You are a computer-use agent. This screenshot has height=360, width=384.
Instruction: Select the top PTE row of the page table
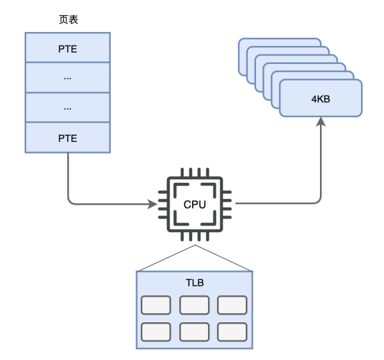coord(67,47)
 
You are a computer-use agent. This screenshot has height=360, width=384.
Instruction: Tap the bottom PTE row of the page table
coord(67,137)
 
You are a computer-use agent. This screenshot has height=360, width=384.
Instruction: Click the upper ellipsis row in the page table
coord(67,77)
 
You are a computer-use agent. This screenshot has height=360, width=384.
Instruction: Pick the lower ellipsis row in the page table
coord(67,107)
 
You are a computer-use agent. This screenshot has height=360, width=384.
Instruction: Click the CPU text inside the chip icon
coord(195,205)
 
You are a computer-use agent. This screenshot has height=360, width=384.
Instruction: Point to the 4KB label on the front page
coord(320,99)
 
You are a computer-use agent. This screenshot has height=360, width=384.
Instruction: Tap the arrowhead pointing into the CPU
coord(153,205)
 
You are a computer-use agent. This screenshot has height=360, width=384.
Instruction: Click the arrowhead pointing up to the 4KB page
coord(321,121)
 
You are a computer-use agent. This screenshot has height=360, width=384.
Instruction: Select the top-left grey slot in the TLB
coord(156,305)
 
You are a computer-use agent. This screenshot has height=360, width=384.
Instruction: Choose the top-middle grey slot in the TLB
coord(195,305)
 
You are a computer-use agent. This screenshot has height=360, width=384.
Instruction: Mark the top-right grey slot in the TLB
coord(232,305)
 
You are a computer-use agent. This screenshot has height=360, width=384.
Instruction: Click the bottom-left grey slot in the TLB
coord(156,331)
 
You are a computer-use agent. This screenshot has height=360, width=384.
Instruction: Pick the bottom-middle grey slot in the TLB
coord(195,331)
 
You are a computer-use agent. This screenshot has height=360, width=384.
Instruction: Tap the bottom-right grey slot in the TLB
coord(232,331)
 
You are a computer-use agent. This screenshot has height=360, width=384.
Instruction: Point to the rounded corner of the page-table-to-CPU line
coord(70,202)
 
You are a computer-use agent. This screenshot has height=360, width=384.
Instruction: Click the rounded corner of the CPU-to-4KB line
coord(319,201)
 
